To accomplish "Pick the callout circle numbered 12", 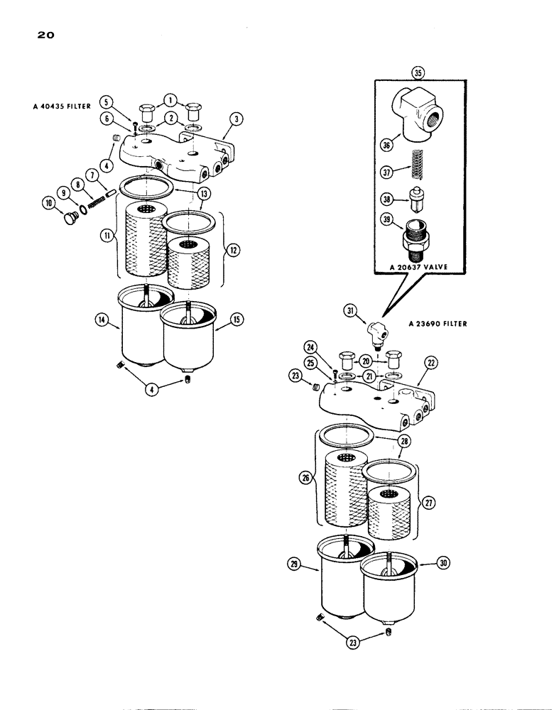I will pyautogui.click(x=233, y=250).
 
